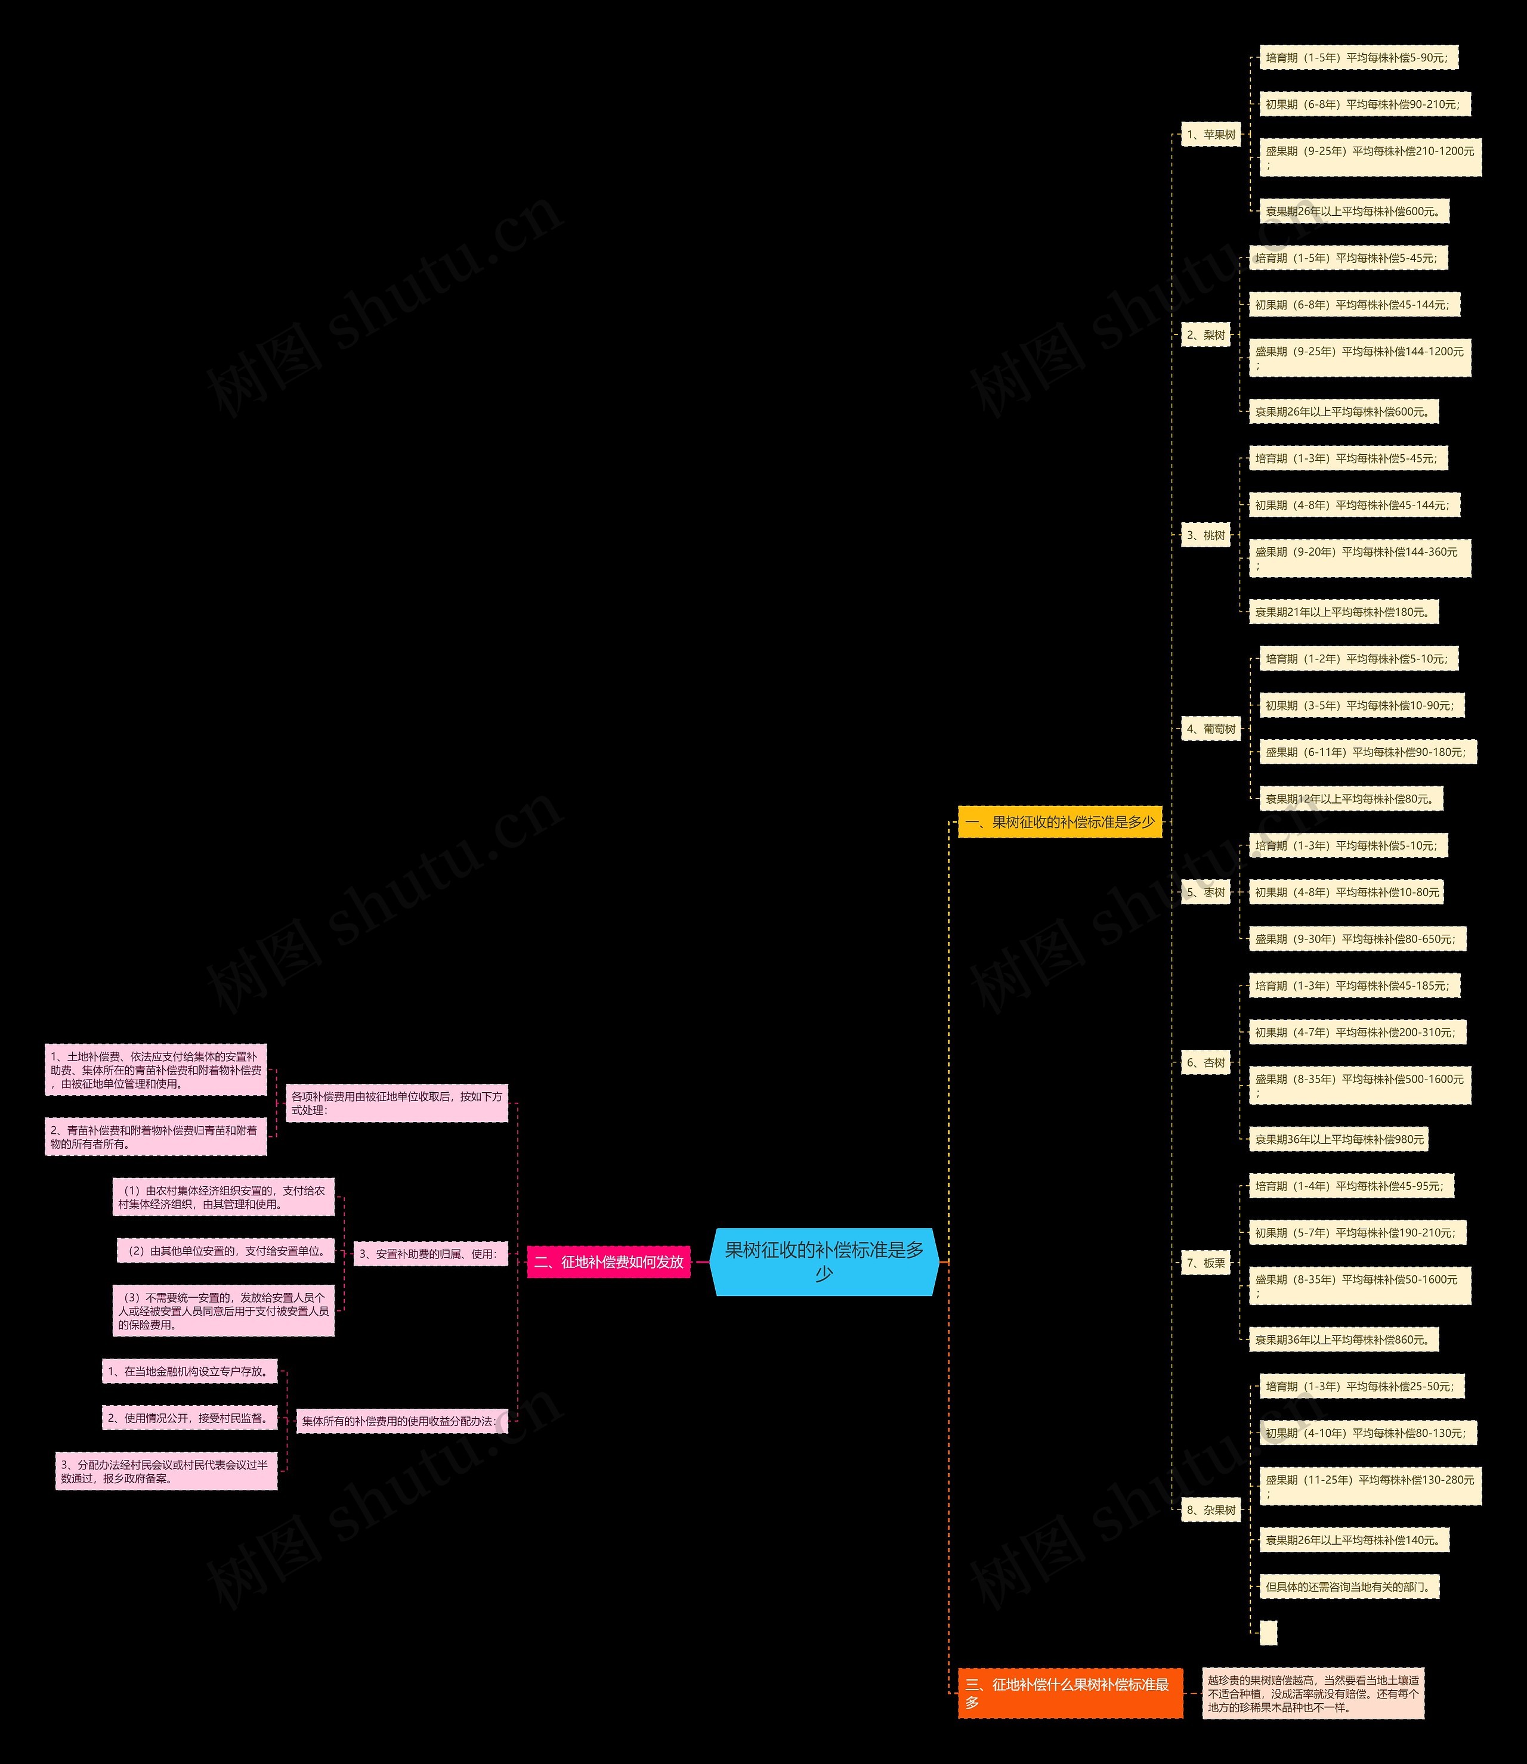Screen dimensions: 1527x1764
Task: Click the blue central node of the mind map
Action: coord(824,1261)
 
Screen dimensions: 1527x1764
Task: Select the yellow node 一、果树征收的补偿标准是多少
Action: coord(1059,822)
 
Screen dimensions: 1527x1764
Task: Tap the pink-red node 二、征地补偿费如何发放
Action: coord(608,1261)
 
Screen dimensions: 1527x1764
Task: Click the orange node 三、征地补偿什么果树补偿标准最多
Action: coord(1069,1692)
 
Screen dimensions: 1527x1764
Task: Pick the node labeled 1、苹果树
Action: coord(1210,135)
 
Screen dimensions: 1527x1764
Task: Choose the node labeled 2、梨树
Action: coord(1205,335)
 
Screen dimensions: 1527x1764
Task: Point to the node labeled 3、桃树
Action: coord(1205,535)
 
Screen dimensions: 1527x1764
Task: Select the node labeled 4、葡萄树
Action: coord(1210,728)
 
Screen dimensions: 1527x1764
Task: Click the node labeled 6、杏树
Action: coord(1205,1062)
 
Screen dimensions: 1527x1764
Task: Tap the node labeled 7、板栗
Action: coord(1205,1262)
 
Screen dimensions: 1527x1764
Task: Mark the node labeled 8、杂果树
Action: coord(1210,1509)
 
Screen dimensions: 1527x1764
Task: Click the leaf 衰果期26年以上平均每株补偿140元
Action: coord(1354,1540)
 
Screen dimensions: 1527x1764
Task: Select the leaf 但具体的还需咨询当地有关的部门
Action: coord(1349,1587)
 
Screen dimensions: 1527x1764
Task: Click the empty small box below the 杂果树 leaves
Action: coord(1268,1633)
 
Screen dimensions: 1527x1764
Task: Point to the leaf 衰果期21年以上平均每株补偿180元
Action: coord(1343,612)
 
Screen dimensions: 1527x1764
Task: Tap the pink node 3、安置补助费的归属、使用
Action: coord(430,1254)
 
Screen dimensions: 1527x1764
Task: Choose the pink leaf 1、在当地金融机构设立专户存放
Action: coord(189,1371)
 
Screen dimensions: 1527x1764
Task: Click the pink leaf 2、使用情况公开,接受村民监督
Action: coord(189,1418)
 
